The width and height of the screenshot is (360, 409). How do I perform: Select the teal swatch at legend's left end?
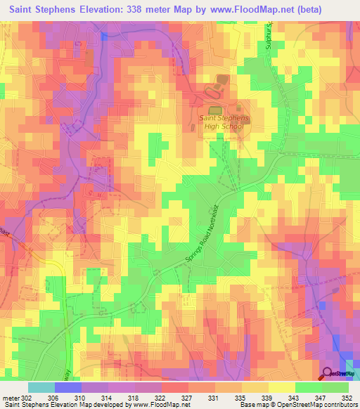(x=41, y=388)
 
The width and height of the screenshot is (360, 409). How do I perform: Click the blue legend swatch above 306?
(x=68, y=388)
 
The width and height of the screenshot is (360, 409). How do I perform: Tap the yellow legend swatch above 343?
(x=281, y=388)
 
